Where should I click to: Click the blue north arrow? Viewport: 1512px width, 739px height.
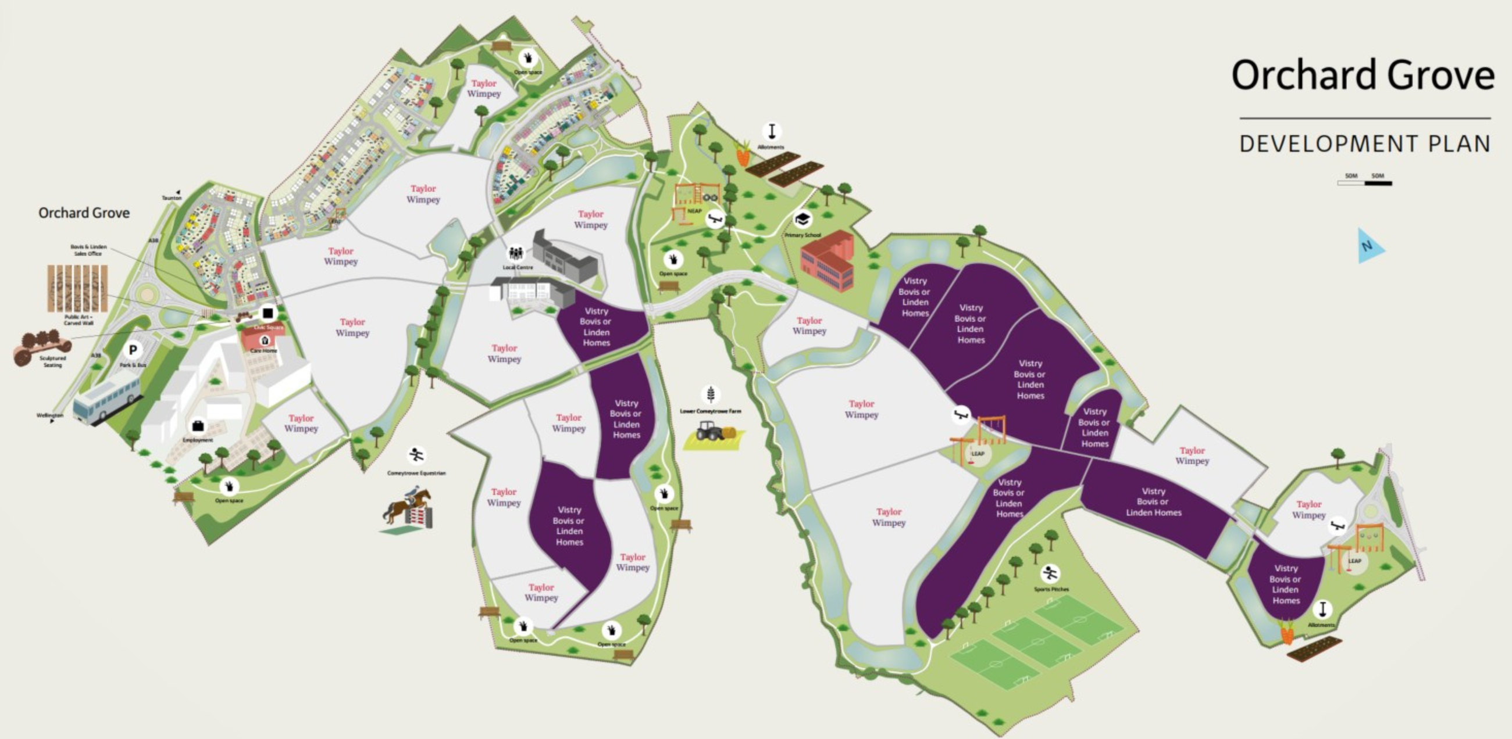[1370, 246]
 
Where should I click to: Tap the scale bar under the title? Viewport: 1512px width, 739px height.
[1364, 183]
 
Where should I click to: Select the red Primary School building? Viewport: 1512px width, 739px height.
[828, 261]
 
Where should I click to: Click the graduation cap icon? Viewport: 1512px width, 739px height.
[802, 220]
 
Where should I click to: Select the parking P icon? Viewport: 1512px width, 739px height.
[133, 350]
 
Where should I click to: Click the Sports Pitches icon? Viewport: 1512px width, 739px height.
[1050, 573]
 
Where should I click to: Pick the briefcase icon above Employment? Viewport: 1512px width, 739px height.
[198, 425]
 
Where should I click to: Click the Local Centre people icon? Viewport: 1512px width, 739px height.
[515, 253]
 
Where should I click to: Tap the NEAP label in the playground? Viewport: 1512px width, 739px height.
[694, 211]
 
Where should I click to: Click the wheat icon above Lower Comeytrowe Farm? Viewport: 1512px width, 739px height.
[710, 394]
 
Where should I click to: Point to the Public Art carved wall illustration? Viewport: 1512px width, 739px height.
[77, 288]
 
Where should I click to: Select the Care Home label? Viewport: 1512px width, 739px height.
[263, 351]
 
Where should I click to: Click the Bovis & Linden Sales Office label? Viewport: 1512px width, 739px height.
[88, 250]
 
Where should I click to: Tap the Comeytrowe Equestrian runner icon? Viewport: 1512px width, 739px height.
[416, 455]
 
